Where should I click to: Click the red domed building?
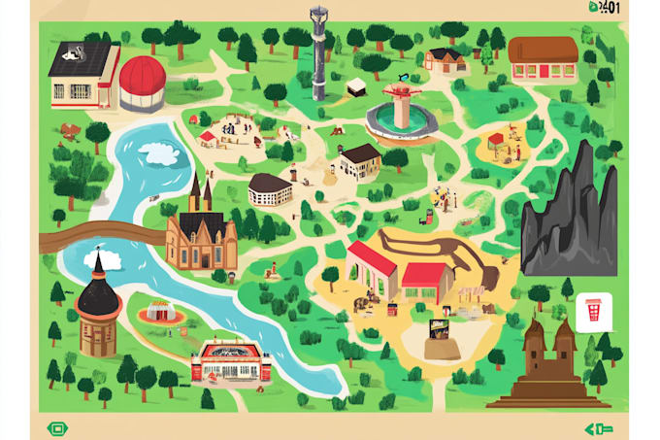pos(142,84)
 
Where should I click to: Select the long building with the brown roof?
pos(543,59)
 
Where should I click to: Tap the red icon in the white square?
pos(592,313)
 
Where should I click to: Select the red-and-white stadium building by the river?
pos(231,361)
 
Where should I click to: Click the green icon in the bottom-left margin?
pos(57,428)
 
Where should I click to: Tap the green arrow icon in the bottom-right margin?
pos(598,428)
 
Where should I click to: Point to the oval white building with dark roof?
pos(270,189)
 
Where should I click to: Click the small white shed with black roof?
pos(356,86)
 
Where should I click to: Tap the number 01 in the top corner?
pos(611,8)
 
